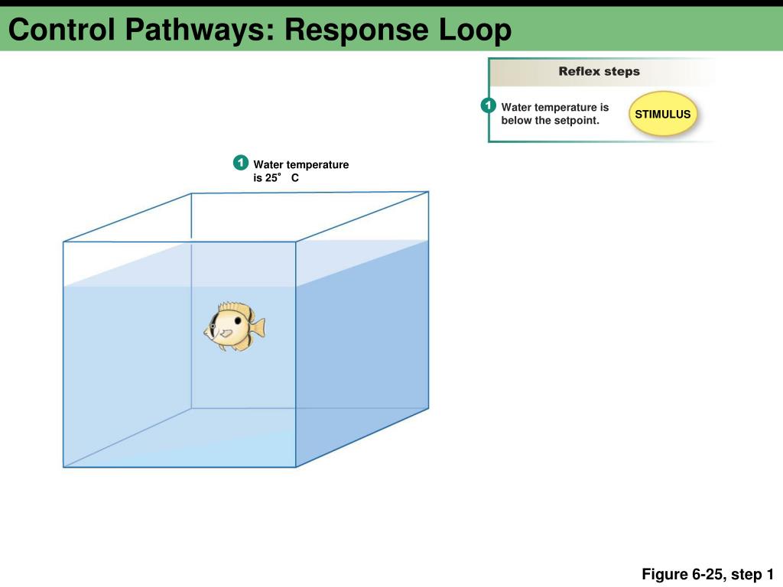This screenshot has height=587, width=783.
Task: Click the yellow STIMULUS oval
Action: [x=663, y=115]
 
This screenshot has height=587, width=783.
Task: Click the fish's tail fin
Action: [x=258, y=327]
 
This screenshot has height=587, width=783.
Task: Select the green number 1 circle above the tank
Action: [x=241, y=163]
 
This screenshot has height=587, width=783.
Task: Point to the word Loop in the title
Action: [x=475, y=31]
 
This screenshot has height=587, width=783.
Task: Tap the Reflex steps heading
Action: [x=599, y=72]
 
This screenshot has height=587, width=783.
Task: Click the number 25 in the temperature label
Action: [x=271, y=179]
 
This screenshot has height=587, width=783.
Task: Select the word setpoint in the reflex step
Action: [x=576, y=121]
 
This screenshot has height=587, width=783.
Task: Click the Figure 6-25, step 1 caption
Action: [x=707, y=574]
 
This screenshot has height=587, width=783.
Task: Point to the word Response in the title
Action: [x=357, y=31]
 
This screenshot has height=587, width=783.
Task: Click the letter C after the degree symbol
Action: [x=294, y=179]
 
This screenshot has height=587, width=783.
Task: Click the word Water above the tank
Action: [x=268, y=164]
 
